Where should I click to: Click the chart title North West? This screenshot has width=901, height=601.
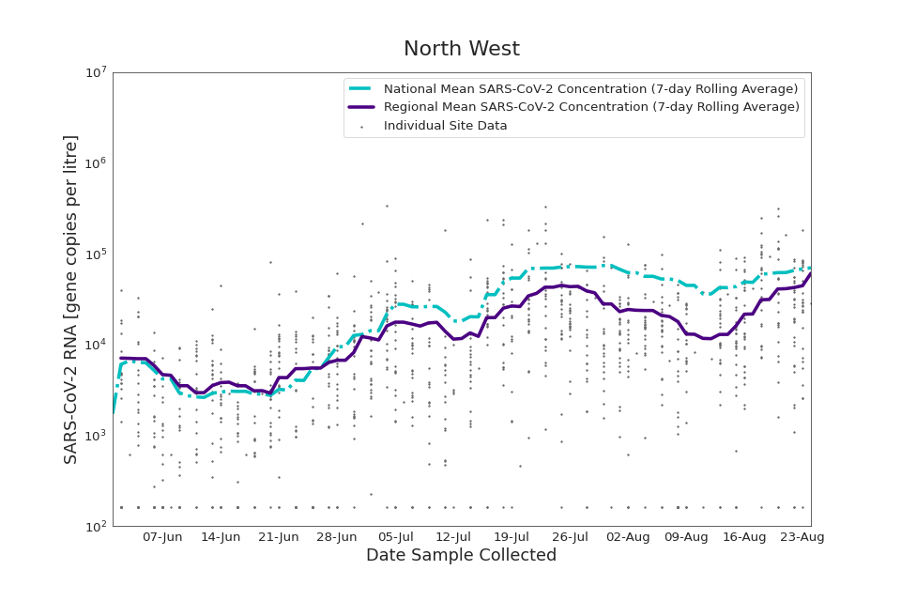click(461, 50)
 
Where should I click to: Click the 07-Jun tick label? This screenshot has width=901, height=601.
click(162, 537)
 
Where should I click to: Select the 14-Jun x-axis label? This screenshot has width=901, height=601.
click(221, 537)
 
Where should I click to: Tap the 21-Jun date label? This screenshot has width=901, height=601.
click(279, 537)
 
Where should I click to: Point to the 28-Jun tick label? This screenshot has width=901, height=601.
click(337, 537)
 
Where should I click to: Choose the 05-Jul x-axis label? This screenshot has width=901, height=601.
click(395, 537)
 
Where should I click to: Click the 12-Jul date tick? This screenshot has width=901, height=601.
click(453, 537)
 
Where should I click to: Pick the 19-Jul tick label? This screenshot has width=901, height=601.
click(512, 537)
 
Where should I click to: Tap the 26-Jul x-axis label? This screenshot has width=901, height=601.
click(570, 537)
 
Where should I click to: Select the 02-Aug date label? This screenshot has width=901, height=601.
click(628, 537)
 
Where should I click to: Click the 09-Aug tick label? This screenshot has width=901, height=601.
click(686, 537)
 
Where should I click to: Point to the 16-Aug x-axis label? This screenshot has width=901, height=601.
click(744, 537)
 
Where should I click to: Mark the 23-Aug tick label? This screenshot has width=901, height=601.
click(802, 537)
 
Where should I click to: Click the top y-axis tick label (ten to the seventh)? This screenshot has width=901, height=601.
click(94, 73)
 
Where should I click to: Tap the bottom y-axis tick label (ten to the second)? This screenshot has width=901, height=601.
click(94, 527)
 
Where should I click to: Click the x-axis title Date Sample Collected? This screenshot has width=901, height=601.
click(461, 556)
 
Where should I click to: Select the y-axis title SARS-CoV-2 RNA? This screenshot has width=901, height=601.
click(71, 299)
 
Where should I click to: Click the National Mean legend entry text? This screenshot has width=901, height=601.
click(591, 89)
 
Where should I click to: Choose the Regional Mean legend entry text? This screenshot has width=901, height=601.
click(591, 107)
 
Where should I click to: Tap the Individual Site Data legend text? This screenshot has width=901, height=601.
click(445, 126)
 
